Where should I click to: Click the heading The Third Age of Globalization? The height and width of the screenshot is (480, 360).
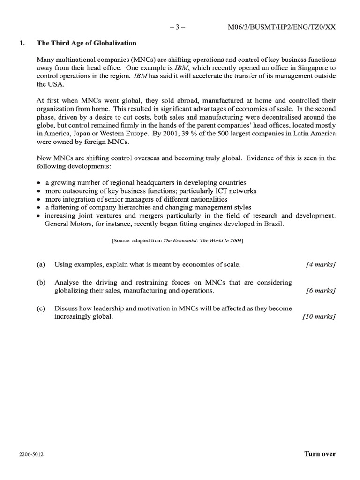(x=87, y=43)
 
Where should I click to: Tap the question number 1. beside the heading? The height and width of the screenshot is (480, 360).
(x=20, y=43)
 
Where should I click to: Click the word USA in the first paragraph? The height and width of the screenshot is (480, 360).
(x=53, y=84)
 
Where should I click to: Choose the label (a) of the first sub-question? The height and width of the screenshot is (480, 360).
(x=41, y=264)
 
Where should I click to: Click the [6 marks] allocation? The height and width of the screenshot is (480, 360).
(x=320, y=291)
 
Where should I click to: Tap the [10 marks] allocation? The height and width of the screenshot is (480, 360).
(x=319, y=317)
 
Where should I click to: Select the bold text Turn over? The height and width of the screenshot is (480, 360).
(x=320, y=454)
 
